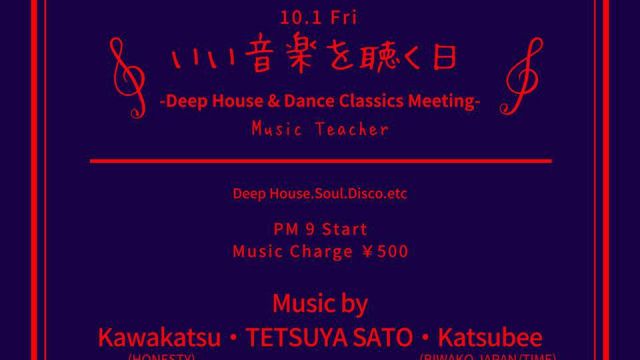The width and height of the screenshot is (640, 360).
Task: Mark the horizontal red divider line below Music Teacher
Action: point(320,160)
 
